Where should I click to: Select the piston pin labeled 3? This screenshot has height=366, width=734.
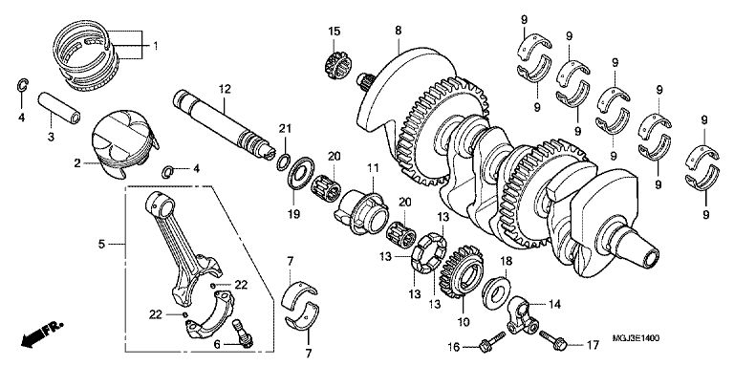click(59, 108)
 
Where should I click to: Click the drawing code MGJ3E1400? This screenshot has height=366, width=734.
click(636, 337)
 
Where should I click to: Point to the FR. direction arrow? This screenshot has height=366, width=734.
click(41, 334)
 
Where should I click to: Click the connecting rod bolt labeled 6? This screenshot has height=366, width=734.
click(243, 333)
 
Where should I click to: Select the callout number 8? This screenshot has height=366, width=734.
click(398, 31)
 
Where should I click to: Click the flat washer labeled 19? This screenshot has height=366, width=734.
click(300, 173)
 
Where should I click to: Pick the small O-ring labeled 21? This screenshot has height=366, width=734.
click(283, 161)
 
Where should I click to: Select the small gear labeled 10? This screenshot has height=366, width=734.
click(463, 271)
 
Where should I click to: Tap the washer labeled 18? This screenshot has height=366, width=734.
click(496, 292)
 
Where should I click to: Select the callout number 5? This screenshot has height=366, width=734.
click(101, 244)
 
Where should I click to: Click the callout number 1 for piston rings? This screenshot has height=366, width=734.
click(155, 46)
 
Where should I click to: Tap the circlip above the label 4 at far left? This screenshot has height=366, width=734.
click(22, 85)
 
